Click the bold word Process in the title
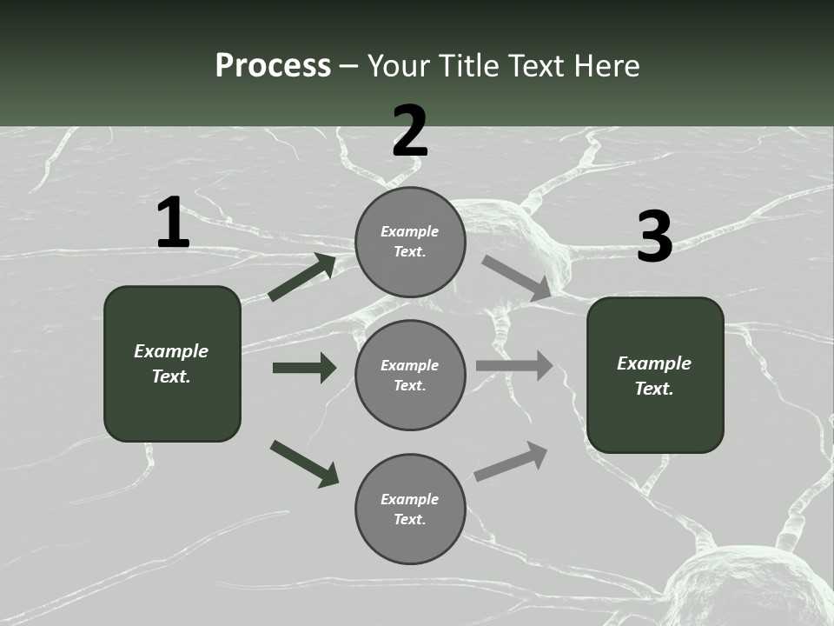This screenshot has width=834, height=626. pyautogui.click(x=273, y=65)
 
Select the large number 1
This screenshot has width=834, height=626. pyautogui.click(x=173, y=223)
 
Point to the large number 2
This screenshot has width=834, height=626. pyautogui.click(x=410, y=131)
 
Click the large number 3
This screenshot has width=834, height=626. pyautogui.click(x=654, y=237)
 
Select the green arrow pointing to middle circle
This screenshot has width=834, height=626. pyautogui.click(x=304, y=368)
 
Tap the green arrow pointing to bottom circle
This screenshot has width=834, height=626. pyautogui.click(x=304, y=463)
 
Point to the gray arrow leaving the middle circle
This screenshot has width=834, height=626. pyautogui.click(x=514, y=365)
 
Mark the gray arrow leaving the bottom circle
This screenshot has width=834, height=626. pyautogui.click(x=511, y=462)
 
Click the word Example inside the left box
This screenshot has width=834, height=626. pyautogui.click(x=171, y=351)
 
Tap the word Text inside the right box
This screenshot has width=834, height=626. pyautogui.click(x=654, y=389)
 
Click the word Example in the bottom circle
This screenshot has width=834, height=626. pyautogui.click(x=410, y=499)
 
